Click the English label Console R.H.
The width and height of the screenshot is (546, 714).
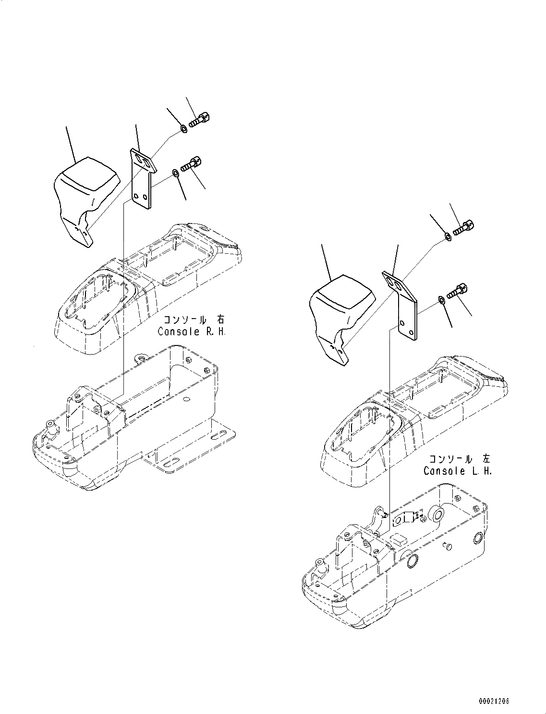191,332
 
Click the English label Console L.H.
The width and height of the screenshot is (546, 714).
458,471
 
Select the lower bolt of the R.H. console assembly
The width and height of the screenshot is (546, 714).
191,164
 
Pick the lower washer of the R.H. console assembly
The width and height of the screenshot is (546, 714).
176,172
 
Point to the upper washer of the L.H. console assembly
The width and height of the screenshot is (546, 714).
447,236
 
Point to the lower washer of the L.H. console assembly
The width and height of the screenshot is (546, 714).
441,300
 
